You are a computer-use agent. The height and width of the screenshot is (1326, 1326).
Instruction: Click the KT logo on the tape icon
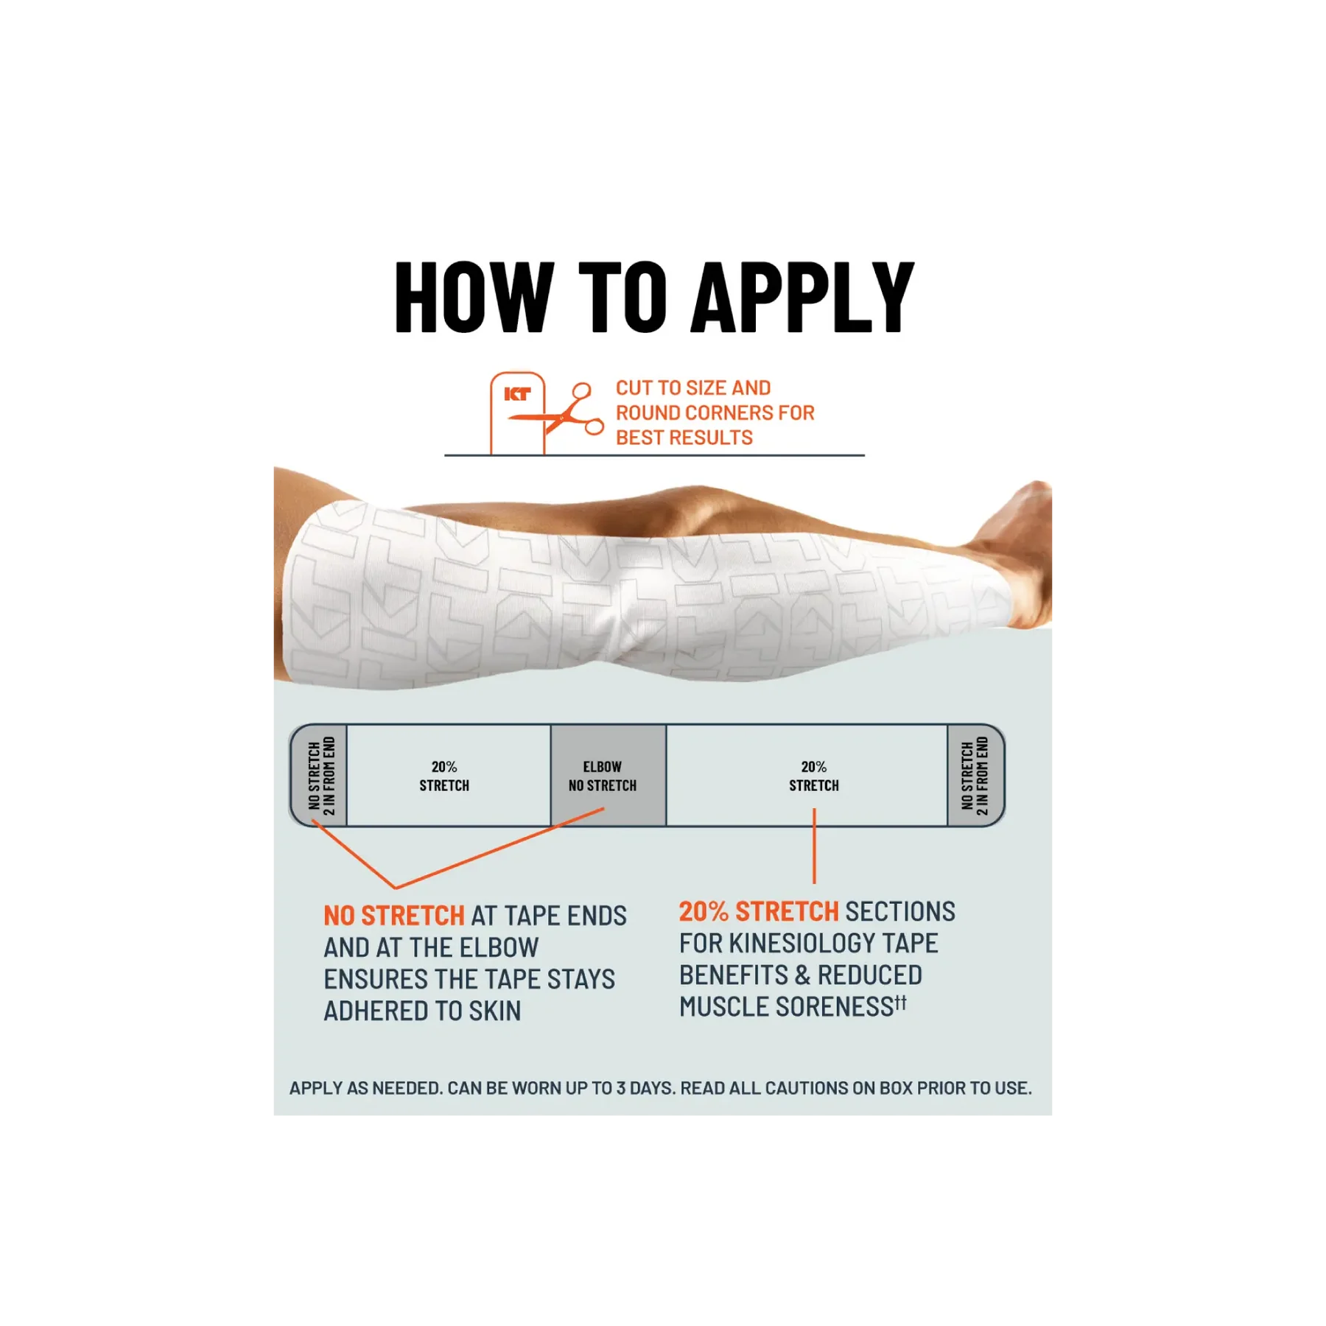(517, 394)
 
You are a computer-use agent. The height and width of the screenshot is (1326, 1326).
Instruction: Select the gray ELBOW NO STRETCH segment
(608, 776)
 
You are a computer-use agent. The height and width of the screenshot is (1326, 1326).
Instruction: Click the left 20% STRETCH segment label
(444, 776)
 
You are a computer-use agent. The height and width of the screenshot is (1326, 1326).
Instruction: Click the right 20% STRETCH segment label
(814, 776)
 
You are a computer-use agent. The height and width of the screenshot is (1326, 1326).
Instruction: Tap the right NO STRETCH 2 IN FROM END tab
(975, 776)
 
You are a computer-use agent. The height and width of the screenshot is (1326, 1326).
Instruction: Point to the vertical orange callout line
(814, 846)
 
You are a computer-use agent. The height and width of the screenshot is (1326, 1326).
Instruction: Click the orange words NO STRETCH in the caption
(394, 916)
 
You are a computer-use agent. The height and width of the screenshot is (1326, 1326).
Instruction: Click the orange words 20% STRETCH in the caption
(759, 911)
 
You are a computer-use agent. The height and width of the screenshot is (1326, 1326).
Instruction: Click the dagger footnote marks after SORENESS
(900, 1003)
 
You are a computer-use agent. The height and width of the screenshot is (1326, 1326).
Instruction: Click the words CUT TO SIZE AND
(693, 387)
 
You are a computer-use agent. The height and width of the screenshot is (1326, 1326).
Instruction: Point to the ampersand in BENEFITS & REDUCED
(803, 975)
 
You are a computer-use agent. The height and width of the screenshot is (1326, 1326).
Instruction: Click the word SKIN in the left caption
(495, 1011)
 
